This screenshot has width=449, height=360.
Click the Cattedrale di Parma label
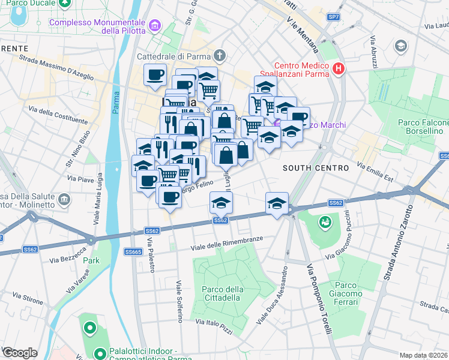tap(175, 56)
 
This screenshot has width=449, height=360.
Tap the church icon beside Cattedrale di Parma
tap(220, 56)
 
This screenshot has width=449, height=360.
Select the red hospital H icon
tap(339, 70)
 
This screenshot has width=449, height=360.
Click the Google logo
tap(20, 353)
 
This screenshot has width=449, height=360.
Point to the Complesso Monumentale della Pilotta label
tap(97, 26)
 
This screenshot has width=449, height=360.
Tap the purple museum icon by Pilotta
tap(156, 26)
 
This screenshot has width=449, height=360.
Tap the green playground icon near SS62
tap(325, 222)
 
